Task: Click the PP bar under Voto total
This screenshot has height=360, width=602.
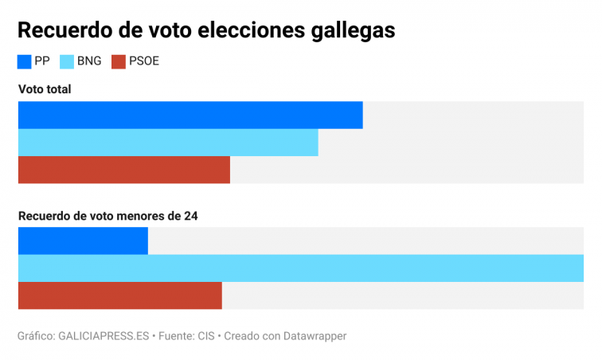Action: coord(190,115)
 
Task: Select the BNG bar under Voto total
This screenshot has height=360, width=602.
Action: coord(167,143)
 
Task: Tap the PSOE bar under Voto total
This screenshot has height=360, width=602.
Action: coord(123,170)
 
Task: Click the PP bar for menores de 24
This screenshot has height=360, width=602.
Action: coord(83,241)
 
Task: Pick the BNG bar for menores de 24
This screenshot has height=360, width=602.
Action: coord(300,268)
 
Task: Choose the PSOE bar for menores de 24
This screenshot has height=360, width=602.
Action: coord(119,295)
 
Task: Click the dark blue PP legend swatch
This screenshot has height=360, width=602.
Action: coord(25,61)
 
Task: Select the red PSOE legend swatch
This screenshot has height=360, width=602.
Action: coord(119,61)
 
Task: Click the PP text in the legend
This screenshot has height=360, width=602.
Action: coord(42,61)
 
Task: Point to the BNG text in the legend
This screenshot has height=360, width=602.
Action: coord(89,61)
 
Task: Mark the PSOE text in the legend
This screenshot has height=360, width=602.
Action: coord(144,61)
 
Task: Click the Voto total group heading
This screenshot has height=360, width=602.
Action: coord(45,89)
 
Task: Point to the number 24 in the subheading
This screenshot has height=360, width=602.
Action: coord(191,215)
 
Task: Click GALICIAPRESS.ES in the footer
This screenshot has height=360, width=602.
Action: coord(104,336)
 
